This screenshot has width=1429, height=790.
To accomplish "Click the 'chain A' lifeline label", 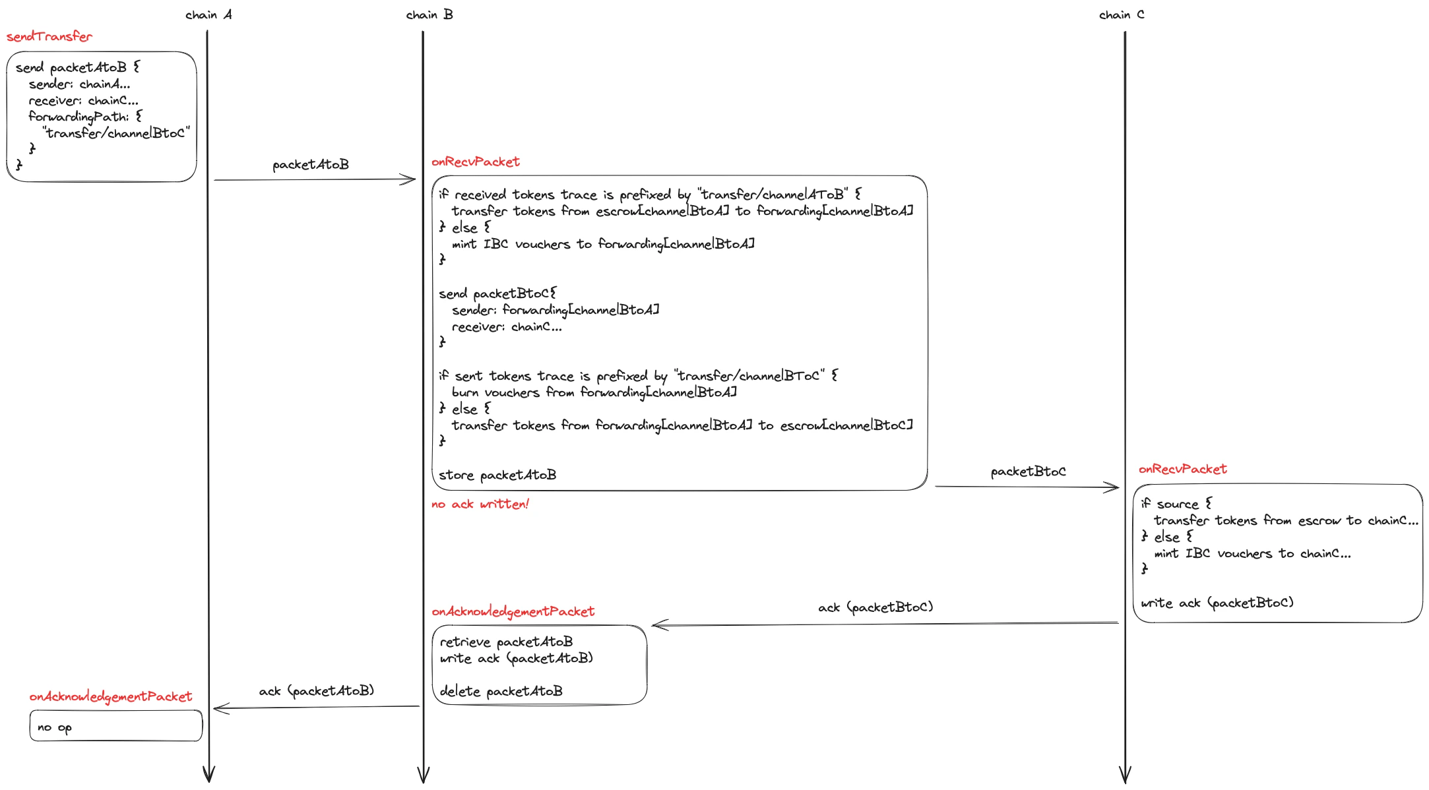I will click(208, 15).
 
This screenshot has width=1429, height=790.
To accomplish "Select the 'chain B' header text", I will click(429, 15).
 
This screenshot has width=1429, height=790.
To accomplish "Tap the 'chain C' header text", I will click(1122, 15).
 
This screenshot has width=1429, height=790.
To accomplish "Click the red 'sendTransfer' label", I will click(49, 37).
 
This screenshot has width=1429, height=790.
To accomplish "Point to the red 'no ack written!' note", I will click(480, 504).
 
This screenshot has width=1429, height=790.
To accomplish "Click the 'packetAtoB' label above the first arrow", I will click(311, 165).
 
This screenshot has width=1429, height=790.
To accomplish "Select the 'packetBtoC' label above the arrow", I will click(1028, 471).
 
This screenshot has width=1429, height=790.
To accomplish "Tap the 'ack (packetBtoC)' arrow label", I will click(875, 607).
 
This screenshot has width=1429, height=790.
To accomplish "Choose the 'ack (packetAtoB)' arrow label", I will click(316, 691).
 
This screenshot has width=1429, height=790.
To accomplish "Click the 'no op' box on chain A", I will click(115, 726).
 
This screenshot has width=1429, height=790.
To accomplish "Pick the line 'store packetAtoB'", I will click(497, 475).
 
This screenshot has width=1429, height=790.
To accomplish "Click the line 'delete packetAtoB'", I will click(501, 691).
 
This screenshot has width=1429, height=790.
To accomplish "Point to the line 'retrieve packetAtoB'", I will click(506, 642).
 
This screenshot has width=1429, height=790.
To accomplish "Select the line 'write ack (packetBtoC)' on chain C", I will click(1217, 603).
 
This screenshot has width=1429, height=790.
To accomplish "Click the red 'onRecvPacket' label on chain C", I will click(1182, 469).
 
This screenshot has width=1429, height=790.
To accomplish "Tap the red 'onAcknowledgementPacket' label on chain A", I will click(111, 696).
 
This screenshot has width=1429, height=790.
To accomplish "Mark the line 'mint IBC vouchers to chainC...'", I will click(1252, 554).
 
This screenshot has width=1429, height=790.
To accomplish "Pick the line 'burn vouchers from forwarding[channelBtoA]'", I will click(594, 392).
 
